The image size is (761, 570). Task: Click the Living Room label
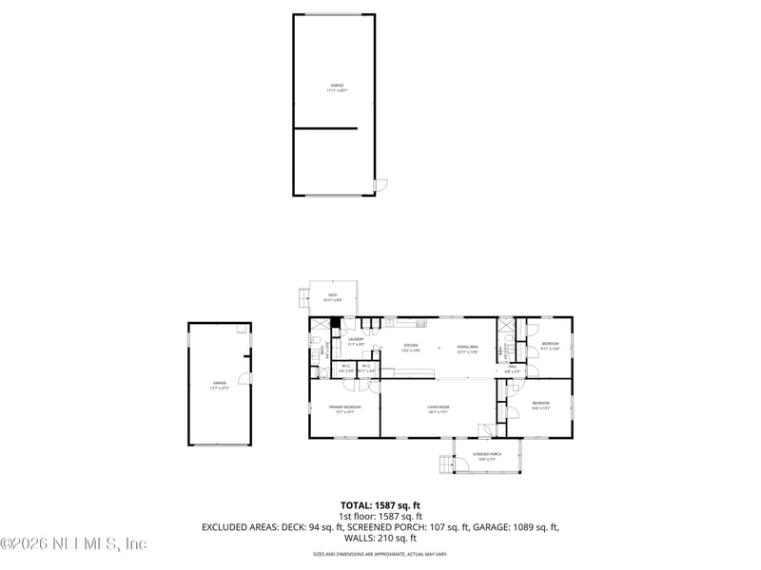coord(439,408)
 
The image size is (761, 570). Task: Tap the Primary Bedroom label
coord(344,408)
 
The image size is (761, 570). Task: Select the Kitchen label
coord(411,347)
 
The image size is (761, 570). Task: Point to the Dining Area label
coord(467,347)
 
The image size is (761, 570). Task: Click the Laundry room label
coord(356,341)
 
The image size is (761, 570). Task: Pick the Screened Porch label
coord(487,457)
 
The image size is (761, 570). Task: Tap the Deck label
coord(333,297)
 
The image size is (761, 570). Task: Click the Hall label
coord(511,368)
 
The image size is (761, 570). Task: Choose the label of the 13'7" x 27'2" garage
coord(219,385)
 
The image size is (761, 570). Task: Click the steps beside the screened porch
coord(445,464)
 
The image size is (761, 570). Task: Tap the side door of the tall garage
coord(380,183)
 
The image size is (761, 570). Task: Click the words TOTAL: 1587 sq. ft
coord(380,504)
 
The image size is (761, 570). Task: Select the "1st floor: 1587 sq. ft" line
coord(380,516)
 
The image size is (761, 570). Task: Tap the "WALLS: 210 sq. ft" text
coord(380,537)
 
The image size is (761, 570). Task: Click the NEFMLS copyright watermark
coord(73,544)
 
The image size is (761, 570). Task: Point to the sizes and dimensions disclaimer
coord(380,554)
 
